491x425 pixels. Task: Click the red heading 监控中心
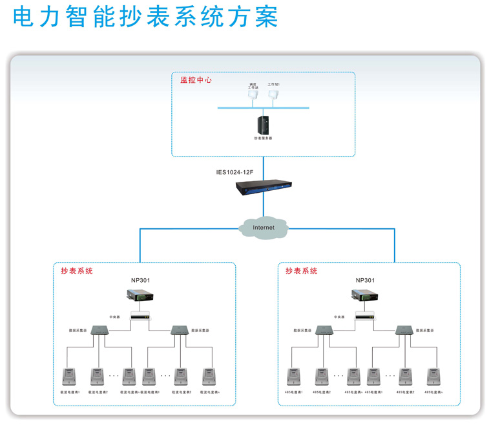coord(196,81)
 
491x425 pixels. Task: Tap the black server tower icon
coord(263,124)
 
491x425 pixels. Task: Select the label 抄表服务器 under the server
coord(263,138)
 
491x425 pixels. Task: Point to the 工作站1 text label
coord(274,84)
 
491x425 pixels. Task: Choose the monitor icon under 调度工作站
coord(252,95)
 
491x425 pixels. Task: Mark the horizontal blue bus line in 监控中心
coord(263,107)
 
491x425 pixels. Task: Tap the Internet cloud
coord(263,227)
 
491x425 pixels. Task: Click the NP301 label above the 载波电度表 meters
coord(140,280)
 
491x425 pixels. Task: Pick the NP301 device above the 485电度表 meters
coord(364,296)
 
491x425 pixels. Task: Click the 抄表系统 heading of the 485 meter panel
coord(302,271)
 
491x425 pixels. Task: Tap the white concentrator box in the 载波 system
coord(140,316)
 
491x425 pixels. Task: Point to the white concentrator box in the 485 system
coord(364,316)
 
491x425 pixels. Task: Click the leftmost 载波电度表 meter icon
coord(67,376)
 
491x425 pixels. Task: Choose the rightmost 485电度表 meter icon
coord(432,376)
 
